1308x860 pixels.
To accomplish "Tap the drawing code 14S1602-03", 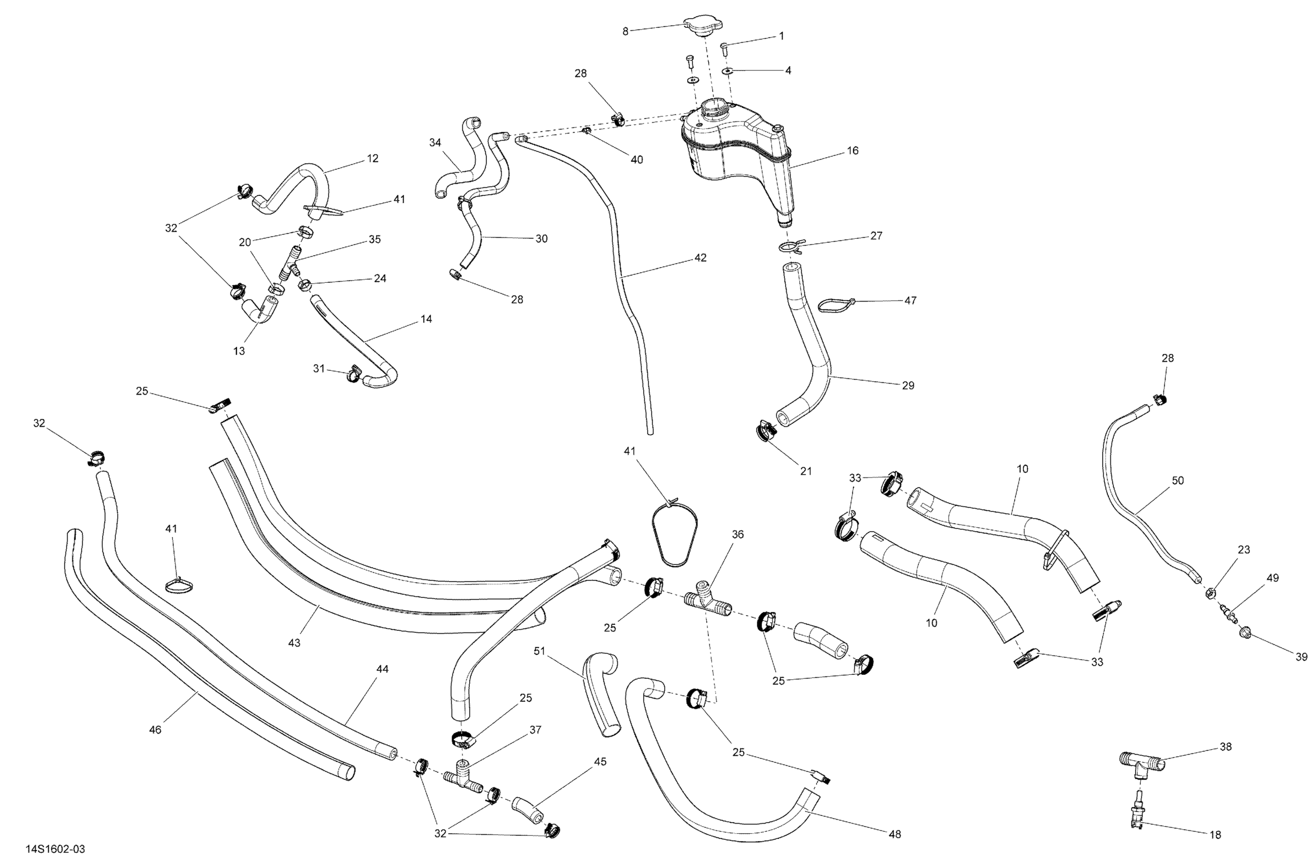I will tap(55, 849).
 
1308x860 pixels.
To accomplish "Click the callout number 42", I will tap(700, 257).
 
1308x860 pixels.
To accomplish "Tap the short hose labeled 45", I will tap(527, 810).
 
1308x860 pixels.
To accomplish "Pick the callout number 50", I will tap(1178, 480).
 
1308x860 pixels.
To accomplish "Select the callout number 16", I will tap(852, 150).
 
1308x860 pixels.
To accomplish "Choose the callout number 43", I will tap(294, 642).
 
